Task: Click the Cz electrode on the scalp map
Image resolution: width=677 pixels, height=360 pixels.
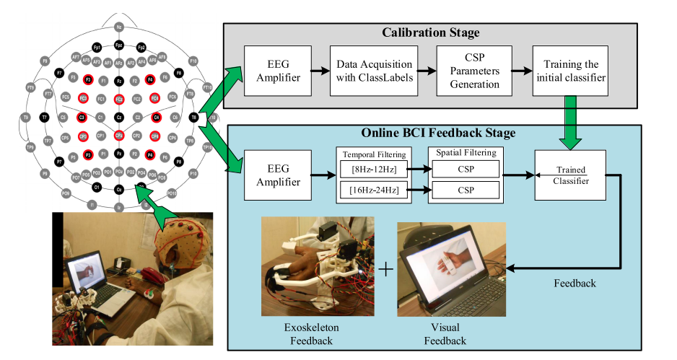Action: coord(119,116)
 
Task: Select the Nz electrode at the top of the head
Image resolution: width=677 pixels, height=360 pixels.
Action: coord(120,27)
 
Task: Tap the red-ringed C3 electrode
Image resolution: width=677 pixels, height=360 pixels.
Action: coord(82,116)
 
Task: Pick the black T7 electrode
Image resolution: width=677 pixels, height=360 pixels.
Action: coord(45,116)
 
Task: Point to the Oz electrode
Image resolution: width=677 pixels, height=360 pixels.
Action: coord(120,190)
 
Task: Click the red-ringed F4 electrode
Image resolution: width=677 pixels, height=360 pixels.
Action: coord(150,79)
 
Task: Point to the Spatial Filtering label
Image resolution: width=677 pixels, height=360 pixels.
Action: coord(465,154)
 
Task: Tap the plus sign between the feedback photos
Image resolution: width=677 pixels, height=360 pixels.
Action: coord(387,269)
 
